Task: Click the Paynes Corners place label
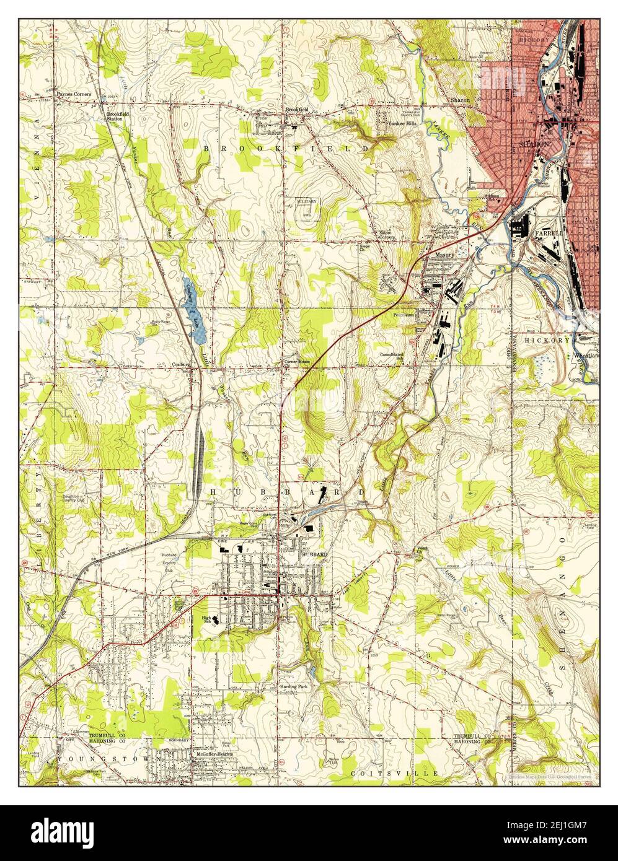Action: [73, 94]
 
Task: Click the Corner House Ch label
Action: [296, 364]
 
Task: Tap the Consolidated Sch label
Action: [394, 357]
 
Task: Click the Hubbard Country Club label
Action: [169, 559]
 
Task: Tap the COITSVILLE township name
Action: [395, 774]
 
